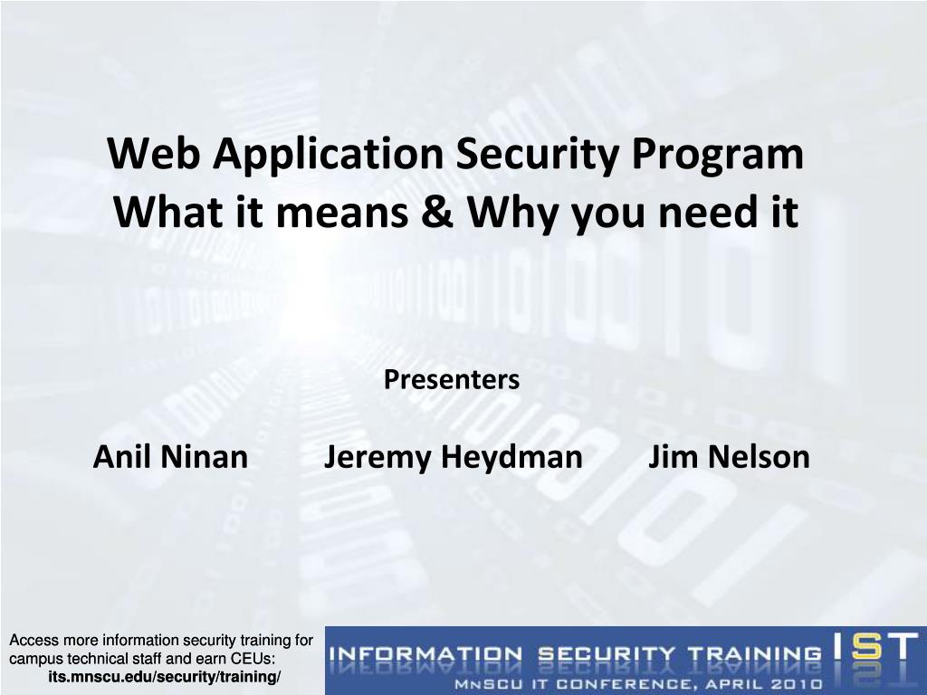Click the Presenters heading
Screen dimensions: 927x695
452,379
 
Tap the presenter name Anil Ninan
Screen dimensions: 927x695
170,457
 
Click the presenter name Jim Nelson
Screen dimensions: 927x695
729,457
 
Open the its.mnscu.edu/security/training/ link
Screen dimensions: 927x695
165,677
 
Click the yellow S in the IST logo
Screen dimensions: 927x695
867,647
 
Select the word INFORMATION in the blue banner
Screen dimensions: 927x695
425,654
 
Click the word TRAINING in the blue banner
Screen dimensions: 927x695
754,654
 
